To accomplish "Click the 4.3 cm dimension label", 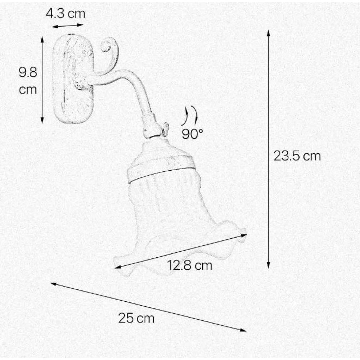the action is (x=66, y=13).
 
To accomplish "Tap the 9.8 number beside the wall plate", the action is (x=28, y=72).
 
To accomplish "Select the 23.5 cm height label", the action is (x=297, y=156).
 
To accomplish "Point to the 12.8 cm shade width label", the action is (x=190, y=265).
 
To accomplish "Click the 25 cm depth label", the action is (x=136, y=318).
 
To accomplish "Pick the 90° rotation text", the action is (x=192, y=134).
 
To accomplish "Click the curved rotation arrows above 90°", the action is (x=190, y=116).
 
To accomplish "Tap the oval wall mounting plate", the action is (x=73, y=79).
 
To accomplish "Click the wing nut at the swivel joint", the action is (x=165, y=129).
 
